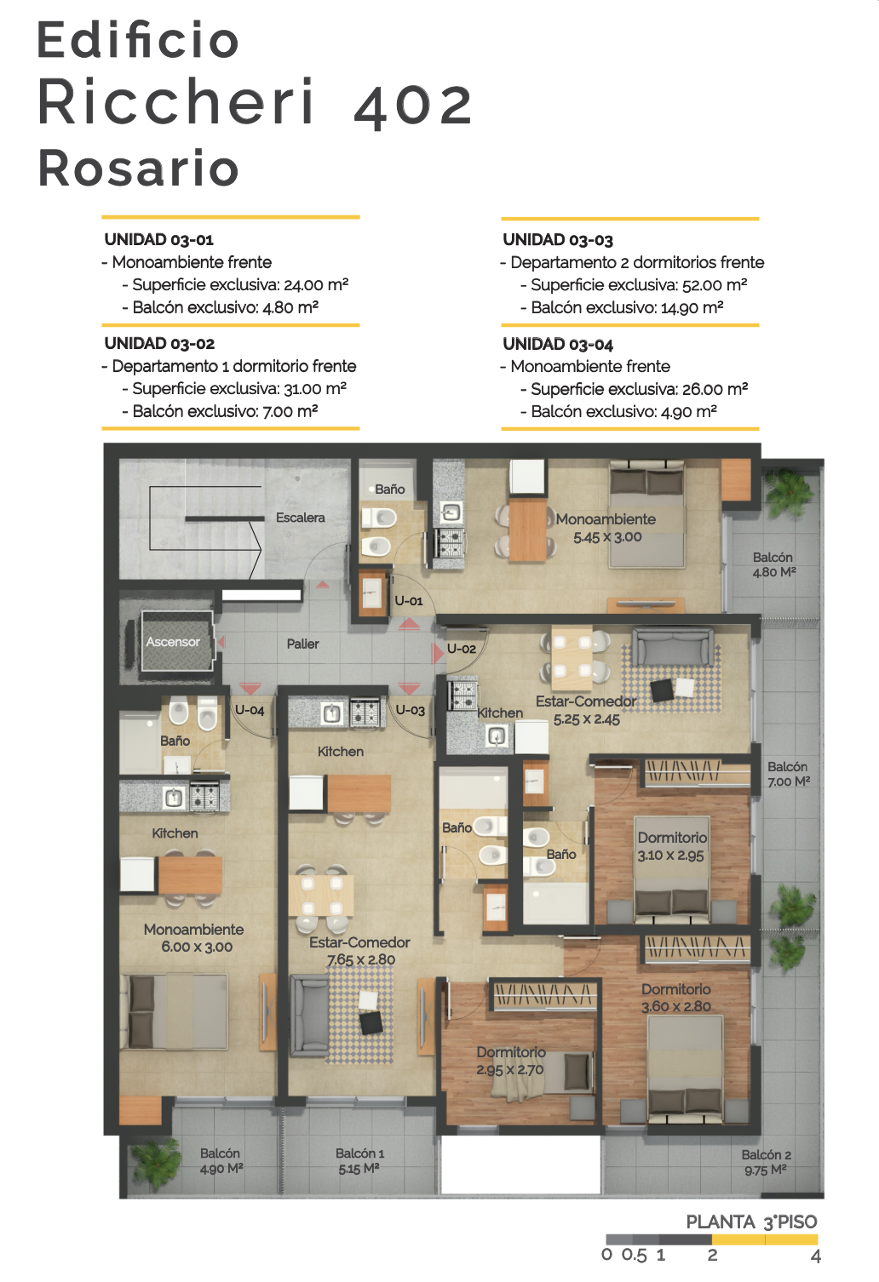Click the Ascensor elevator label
pyautogui.click(x=173, y=642)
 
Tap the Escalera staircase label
pyautogui.click(x=300, y=518)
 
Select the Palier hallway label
pyautogui.click(x=303, y=644)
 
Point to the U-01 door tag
pyautogui.click(x=409, y=601)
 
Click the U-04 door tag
pyautogui.click(x=250, y=710)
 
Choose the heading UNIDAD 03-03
pyautogui.click(x=558, y=240)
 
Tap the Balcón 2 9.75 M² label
pyautogui.click(x=767, y=1162)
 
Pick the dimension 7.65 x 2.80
pyautogui.click(x=361, y=959)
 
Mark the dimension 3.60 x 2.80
pyautogui.click(x=676, y=1006)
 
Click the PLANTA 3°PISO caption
pyautogui.click(x=751, y=1222)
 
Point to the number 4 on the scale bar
pyautogui.click(x=816, y=1256)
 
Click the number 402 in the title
pyautogui.click(x=413, y=105)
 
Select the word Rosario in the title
pyautogui.click(x=138, y=169)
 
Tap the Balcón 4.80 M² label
pyautogui.click(x=773, y=564)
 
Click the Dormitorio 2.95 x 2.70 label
pyautogui.click(x=511, y=1061)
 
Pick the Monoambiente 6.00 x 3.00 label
pyautogui.click(x=194, y=937)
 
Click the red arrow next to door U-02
pyautogui.click(x=438, y=652)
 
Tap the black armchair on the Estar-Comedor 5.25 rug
pyautogui.click(x=663, y=690)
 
